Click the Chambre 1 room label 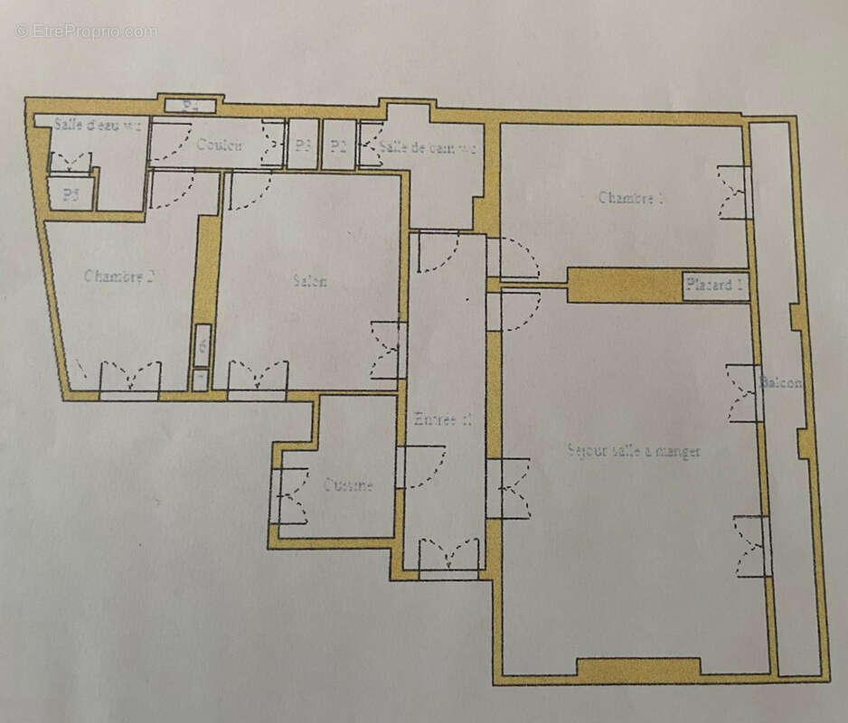631,198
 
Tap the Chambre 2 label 118,277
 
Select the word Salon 310,281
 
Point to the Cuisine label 348,485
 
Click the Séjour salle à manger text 634,450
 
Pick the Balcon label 781,382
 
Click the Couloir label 221,145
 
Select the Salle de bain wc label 427,147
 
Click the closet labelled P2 338,146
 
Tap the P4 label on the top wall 190,106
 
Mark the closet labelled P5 71,194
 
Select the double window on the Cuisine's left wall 287,495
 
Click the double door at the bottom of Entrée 448,554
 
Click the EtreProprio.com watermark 86,31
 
